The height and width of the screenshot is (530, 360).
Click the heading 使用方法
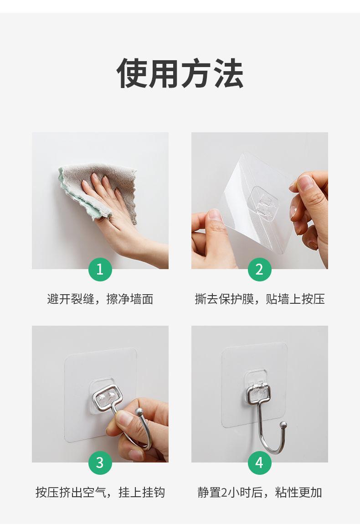point(180,73)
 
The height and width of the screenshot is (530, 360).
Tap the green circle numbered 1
point(100,269)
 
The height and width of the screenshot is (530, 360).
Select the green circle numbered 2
point(259,269)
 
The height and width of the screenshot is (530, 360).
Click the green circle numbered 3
point(100,462)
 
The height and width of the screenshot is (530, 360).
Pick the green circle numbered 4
point(259,462)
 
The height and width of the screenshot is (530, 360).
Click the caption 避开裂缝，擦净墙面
point(100,299)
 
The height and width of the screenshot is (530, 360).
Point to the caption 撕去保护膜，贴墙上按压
point(260,299)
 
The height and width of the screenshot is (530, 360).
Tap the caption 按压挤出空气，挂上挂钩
point(100,492)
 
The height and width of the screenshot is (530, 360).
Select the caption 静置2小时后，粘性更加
point(260,492)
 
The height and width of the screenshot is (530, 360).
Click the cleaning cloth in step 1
point(98,189)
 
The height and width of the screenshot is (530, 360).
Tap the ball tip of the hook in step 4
point(284,424)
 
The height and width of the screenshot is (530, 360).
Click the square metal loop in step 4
point(258,393)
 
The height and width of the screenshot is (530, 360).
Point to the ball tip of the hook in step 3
point(139,412)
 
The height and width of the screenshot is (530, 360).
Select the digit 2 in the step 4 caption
point(224,493)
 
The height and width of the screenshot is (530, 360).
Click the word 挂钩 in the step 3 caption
point(153,492)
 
